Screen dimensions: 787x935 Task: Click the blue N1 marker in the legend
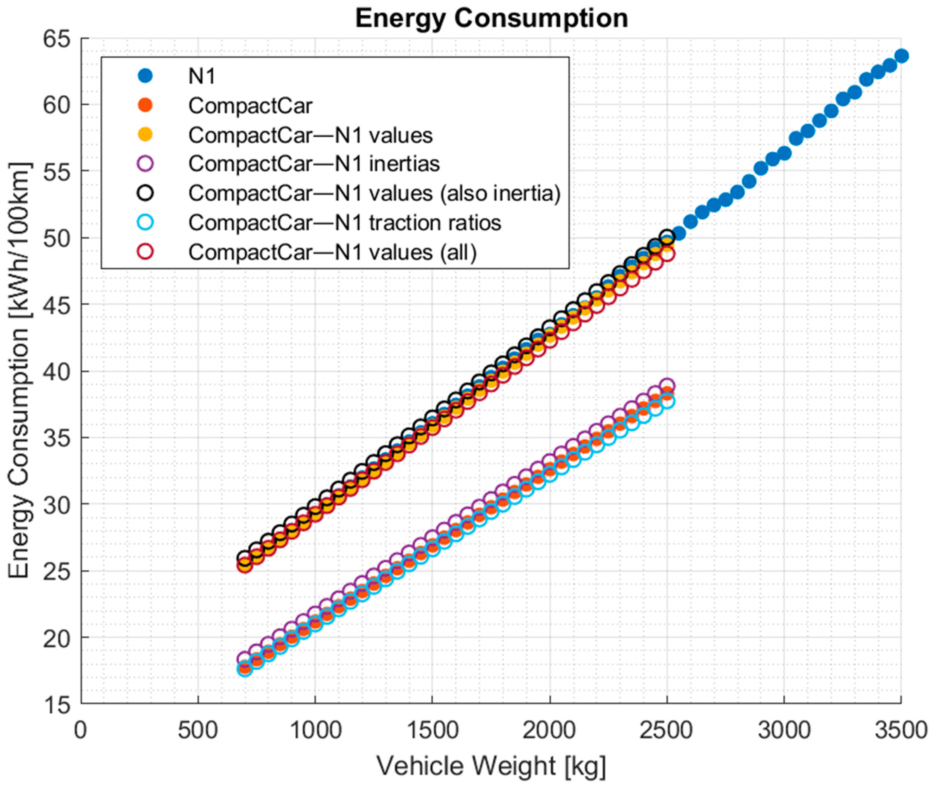145,76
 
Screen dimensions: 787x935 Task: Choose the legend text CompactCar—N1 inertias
313,164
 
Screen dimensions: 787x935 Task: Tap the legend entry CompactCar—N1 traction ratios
344,223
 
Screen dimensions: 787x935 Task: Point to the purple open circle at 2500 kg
667,385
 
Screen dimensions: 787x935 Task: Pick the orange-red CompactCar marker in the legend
145,106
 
